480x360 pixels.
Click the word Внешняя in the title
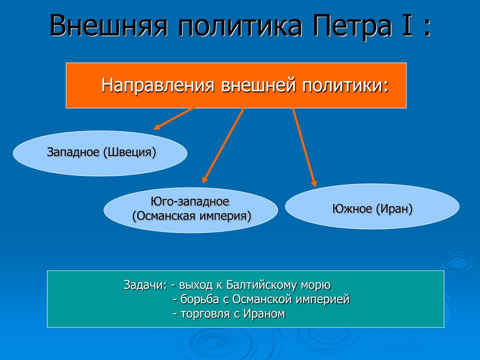click(x=109, y=26)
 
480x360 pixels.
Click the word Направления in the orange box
click(x=157, y=85)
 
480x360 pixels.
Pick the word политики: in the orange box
click(x=345, y=85)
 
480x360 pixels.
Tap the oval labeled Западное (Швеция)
click(x=100, y=153)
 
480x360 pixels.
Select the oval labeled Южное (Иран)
click(x=372, y=206)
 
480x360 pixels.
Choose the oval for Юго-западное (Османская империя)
click(x=191, y=210)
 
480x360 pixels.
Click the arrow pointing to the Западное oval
click(x=174, y=119)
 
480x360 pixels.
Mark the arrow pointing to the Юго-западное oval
click(x=223, y=146)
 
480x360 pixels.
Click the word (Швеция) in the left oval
click(x=130, y=152)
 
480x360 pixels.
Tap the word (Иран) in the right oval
click(x=394, y=209)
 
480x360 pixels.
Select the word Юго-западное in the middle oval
click(x=190, y=202)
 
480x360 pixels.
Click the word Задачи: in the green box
click(x=145, y=285)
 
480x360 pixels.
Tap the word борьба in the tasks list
click(x=200, y=299)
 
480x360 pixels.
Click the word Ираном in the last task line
click(x=264, y=314)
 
